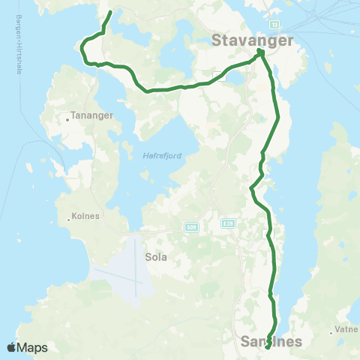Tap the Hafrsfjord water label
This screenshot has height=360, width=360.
158,155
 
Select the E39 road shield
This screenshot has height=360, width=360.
227,223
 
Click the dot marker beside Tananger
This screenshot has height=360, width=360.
67,116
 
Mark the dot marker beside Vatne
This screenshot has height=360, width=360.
331,329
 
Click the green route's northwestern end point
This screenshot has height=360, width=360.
110,13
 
